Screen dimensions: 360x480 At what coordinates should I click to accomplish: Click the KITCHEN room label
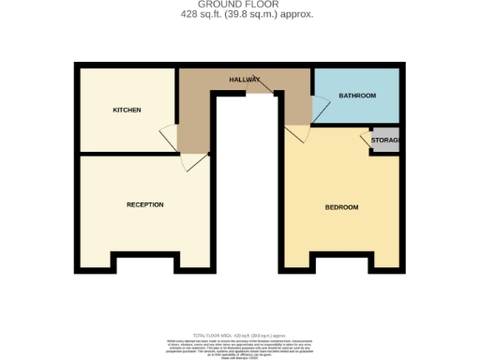point(127,110)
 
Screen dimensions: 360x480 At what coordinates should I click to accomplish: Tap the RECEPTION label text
point(145,204)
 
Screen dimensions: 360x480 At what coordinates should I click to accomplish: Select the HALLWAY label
point(245,80)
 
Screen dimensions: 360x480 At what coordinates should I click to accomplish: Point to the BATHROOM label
point(357,96)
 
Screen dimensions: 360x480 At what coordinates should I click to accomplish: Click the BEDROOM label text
point(341,206)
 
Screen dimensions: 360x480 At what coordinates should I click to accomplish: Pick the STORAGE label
point(385,141)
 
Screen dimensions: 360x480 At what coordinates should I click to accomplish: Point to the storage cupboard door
point(367,141)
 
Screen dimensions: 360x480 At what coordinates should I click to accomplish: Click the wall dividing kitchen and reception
point(127,154)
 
